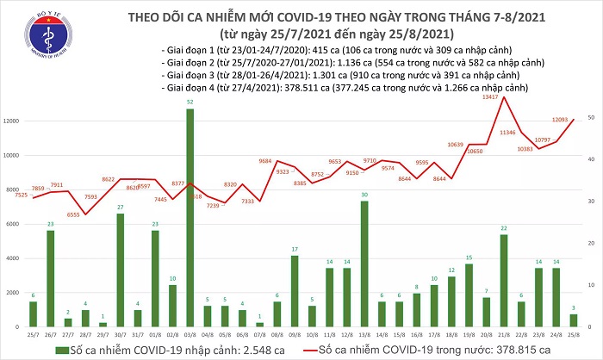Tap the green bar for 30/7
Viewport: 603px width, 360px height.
121,270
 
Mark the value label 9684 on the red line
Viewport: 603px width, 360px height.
271,160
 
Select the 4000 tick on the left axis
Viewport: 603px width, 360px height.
15,258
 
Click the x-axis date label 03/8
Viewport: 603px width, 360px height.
189,336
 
